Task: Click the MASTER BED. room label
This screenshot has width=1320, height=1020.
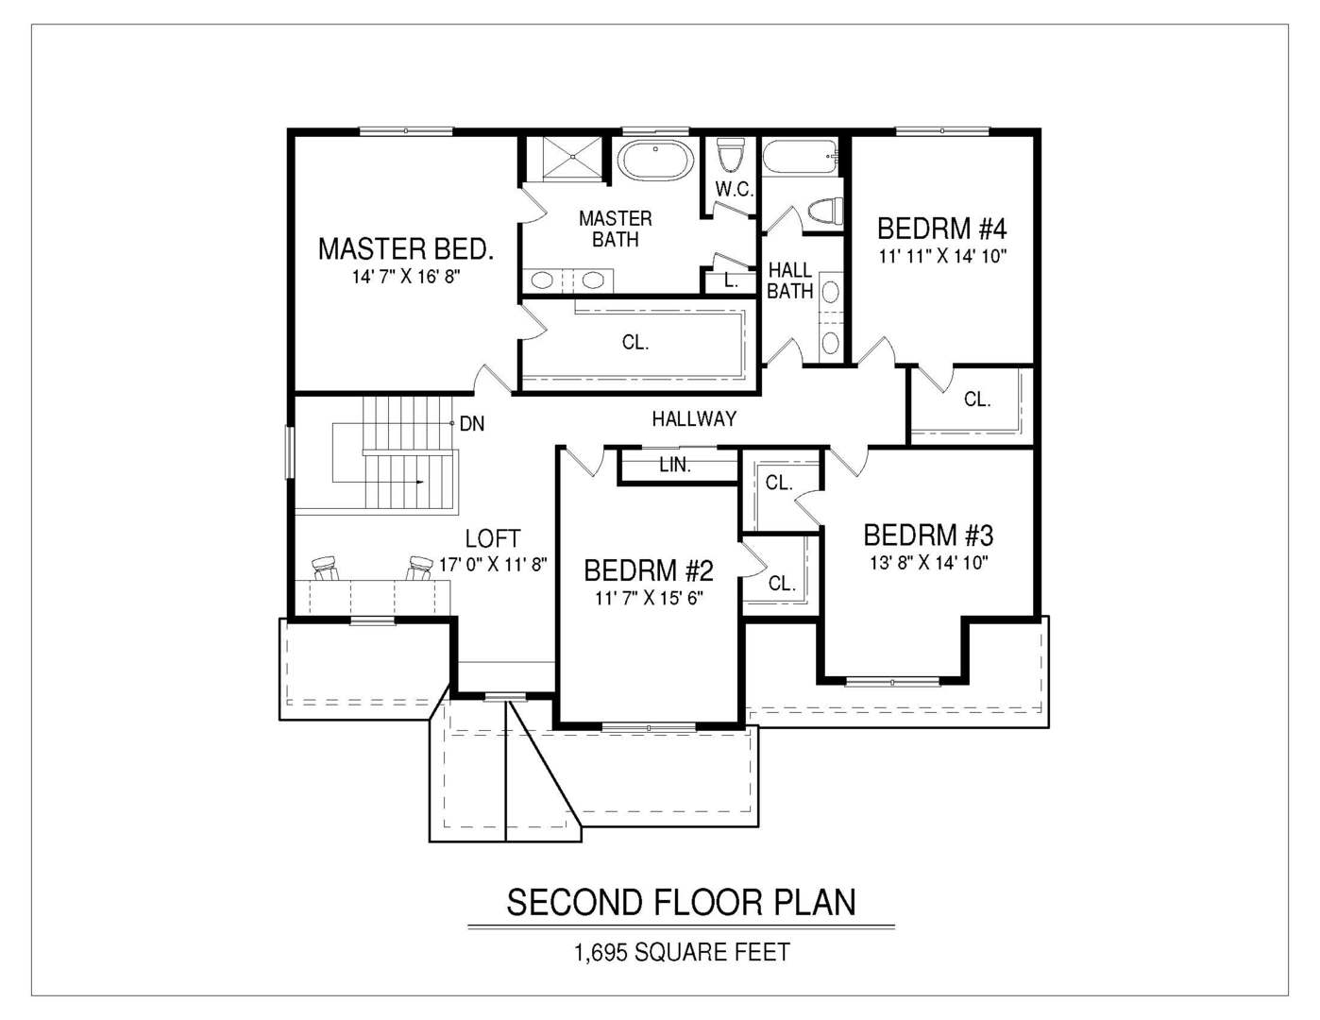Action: pyautogui.click(x=406, y=249)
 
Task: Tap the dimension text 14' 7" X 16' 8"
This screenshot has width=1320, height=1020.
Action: pyautogui.click(x=406, y=277)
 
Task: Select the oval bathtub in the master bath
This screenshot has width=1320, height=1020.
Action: pyautogui.click(x=655, y=161)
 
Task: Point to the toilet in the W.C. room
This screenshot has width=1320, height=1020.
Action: pyautogui.click(x=729, y=156)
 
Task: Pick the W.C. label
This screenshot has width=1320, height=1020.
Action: pyautogui.click(x=735, y=190)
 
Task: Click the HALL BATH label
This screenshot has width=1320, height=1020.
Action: pyautogui.click(x=789, y=280)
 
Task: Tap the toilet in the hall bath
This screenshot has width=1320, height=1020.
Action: pyautogui.click(x=825, y=211)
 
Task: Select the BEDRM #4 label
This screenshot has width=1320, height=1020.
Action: pyautogui.click(x=942, y=229)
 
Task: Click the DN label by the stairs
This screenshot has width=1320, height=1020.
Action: pyautogui.click(x=472, y=424)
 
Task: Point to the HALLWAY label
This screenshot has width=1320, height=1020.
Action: pyautogui.click(x=694, y=418)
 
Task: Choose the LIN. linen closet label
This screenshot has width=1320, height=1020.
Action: pyautogui.click(x=675, y=466)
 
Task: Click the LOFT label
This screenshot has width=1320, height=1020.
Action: pyautogui.click(x=493, y=538)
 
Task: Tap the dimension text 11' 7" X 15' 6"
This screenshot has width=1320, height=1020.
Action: pyautogui.click(x=649, y=599)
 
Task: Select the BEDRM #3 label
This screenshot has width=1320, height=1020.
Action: pyautogui.click(x=928, y=535)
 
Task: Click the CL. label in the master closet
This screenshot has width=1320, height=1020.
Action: pyautogui.click(x=635, y=343)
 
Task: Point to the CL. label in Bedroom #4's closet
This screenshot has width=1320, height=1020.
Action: pyautogui.click(x=977, y=399)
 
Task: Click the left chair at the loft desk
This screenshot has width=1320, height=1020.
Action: pyautogui.click(x=326, y=568)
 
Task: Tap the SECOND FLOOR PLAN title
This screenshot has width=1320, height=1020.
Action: pyautogui.click(x=681, y=902)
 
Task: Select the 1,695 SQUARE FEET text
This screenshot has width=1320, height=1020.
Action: pyautogui.click(x=682, y=952)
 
